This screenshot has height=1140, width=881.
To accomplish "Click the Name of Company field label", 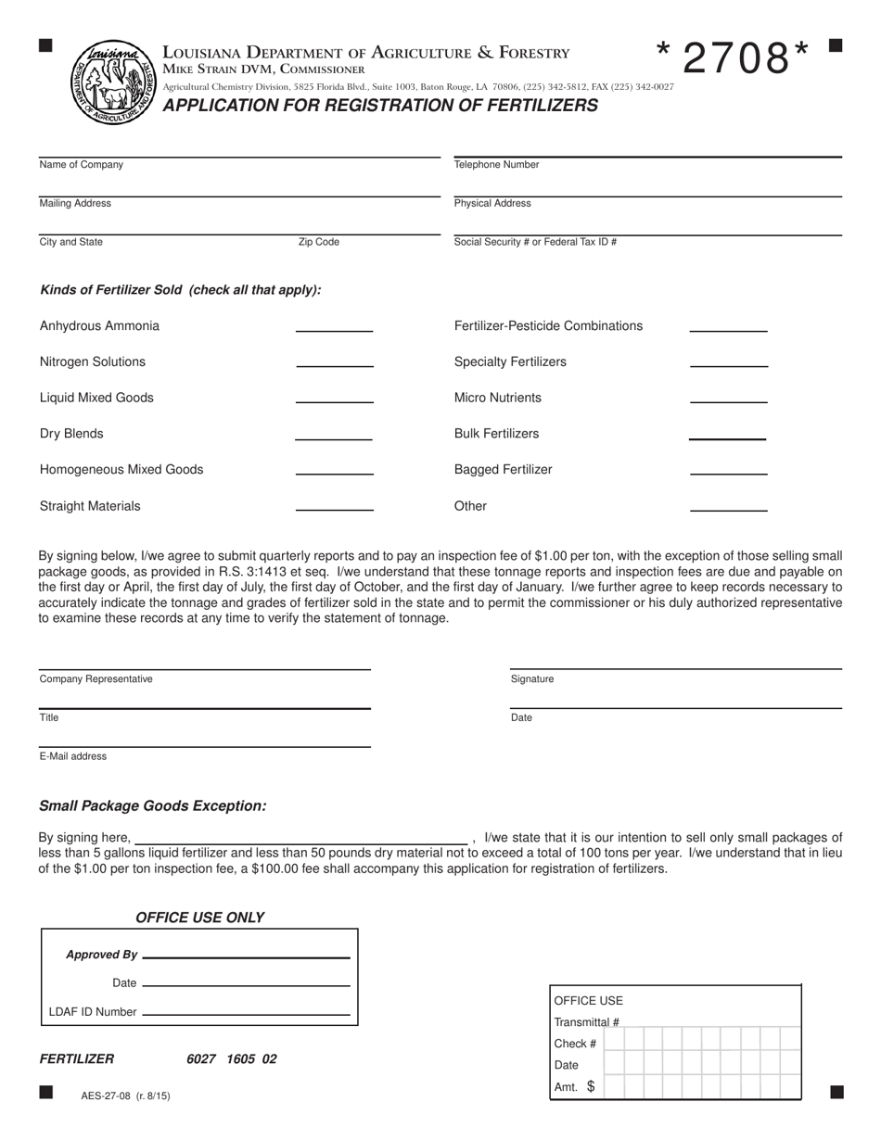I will point(82,165).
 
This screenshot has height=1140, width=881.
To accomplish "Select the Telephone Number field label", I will point(496,165).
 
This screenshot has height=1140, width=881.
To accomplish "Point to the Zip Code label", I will point(318,242).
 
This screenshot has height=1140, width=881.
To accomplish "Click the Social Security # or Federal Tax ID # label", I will point(535,242).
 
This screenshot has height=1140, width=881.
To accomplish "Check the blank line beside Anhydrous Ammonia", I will point(334,329).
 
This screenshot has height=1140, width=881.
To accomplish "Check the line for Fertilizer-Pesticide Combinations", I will point(729,329).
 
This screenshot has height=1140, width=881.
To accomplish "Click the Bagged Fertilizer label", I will point(503,470).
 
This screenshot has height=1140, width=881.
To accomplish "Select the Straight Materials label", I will point(90,506).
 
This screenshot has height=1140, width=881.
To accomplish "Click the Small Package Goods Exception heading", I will point(153,806).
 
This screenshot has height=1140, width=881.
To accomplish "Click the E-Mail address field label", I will point(73,756).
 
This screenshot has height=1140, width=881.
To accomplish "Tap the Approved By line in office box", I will point(247,956).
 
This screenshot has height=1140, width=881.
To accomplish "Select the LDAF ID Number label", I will point(93,1012).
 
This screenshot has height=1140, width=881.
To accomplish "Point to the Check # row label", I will point(575,1044).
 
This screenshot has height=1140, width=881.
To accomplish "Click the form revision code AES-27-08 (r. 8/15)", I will point(125,1096).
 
